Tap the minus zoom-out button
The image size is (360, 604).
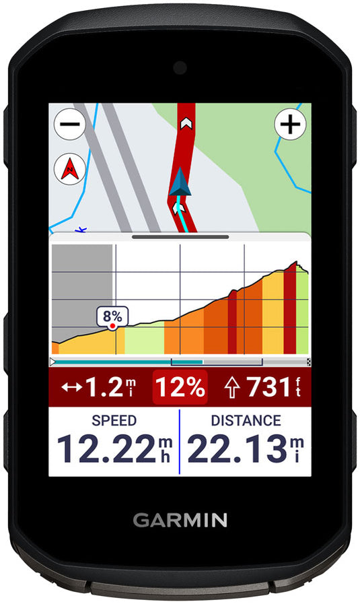pyautogui.click(x=69, y=125)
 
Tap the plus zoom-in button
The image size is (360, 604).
pyautogui.click(x=290, y=125)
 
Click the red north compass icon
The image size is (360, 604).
pyautogui.click(x=69, y=168)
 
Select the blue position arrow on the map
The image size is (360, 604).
pyautogui.click(x=178, y=183)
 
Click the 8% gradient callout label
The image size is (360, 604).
pyautogui.click(x=114, y=315)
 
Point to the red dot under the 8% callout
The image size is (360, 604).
pyautogui.click(x=113, y=326)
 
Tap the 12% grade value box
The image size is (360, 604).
pyautogui.click(x=180, y=387)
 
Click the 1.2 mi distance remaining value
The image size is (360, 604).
pyautogui.click(x=104, y=387)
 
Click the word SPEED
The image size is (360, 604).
pyautogui.click(x=114, y=421)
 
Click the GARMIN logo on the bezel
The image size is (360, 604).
pyautogui.click(x=180, y=520)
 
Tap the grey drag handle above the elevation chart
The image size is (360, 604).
pyautogui.click(x=180, y=237)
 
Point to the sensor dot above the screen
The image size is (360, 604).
pyautogui.click(x=180, y=67)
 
